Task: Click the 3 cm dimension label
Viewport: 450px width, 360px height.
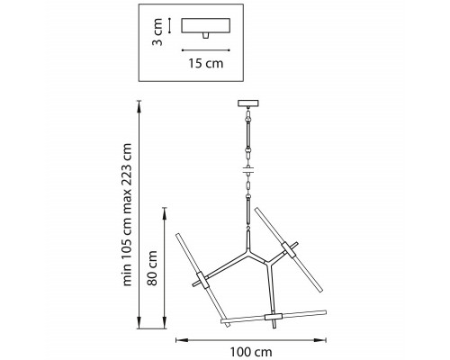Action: click(157, 32)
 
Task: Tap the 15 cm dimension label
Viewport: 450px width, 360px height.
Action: click(206, 64)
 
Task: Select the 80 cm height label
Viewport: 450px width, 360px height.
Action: click(152, 268)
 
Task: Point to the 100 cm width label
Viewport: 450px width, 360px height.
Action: click(251, 352)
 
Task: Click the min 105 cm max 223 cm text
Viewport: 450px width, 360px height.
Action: click(127, 215)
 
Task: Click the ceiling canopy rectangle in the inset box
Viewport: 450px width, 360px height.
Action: click(206, 25)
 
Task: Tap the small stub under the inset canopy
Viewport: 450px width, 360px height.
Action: click(205, 35)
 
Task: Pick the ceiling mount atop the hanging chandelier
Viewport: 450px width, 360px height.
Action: click(248, 103)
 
